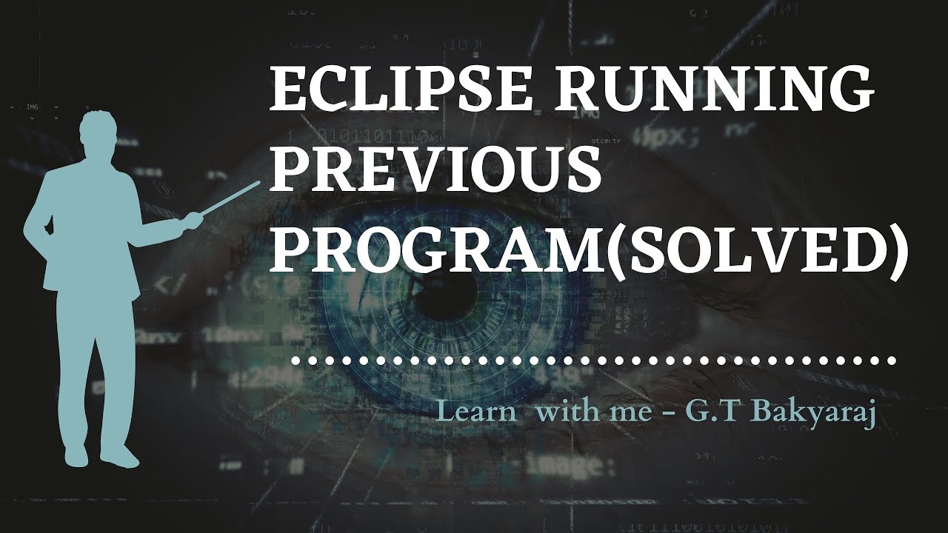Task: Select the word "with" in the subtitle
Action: coord(562,412)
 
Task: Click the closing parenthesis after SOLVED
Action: coord(895,250)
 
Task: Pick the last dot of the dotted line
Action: coord(892,362)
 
